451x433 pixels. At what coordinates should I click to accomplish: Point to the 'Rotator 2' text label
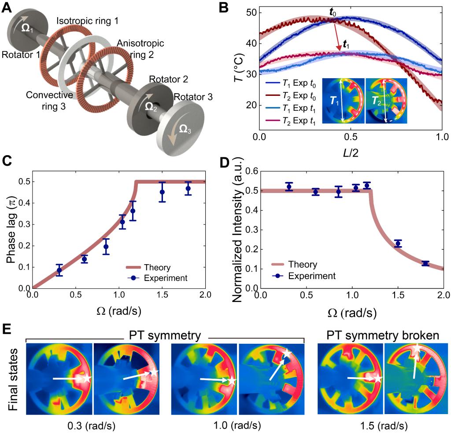168,80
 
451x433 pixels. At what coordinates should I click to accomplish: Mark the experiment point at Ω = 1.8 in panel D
425,263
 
